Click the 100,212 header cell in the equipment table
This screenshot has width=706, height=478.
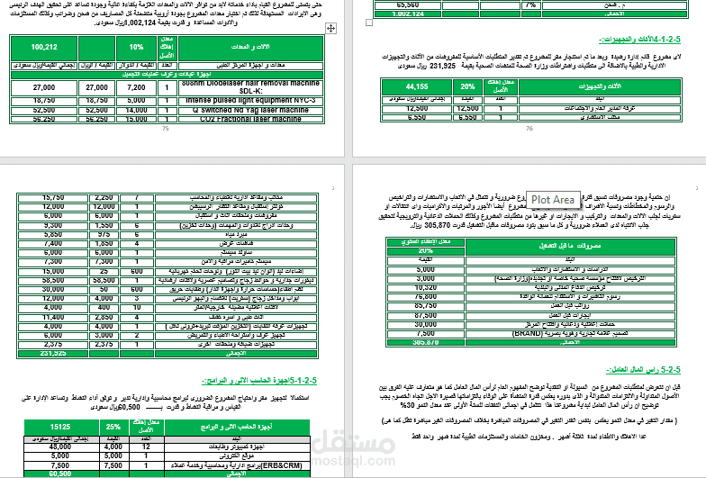(x=43, y=47)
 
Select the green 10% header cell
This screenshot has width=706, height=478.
(x=136, y=47)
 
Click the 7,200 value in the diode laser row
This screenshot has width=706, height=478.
(x=136, y=87)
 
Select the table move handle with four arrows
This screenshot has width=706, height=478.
(x=330, y=30)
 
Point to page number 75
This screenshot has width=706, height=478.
(x=165, y=129)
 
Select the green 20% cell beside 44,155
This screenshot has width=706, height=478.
(x=467, y=86)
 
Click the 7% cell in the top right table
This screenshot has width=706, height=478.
(x=529, y=5)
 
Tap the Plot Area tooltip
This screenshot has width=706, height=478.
(x=552, y=199)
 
